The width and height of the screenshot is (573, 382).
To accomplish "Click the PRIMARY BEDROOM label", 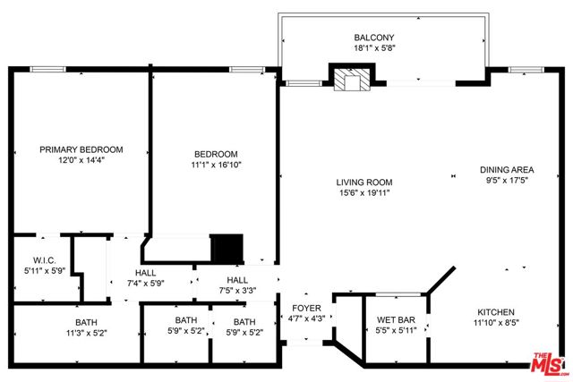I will [81, 149].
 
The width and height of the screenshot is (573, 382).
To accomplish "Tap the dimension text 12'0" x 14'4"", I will [81, 161].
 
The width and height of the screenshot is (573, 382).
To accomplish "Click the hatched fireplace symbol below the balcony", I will [346, 81].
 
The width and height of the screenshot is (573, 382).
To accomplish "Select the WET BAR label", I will [395, 319].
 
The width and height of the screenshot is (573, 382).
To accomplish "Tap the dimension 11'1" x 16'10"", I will [216, 165].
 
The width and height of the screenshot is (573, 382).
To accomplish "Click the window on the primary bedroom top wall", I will [46, 69].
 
